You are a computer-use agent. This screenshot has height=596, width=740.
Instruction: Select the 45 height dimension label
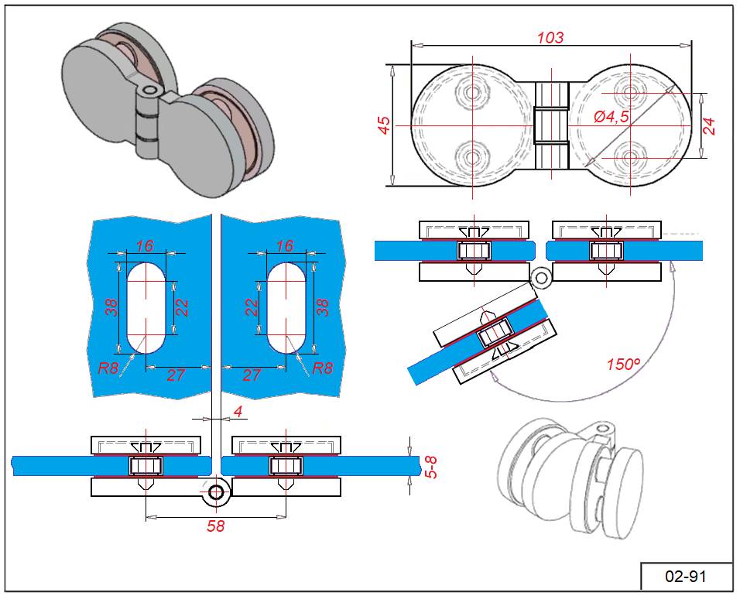click(x=384, y=125)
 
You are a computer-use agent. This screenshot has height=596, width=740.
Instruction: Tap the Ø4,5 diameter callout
click(x=612, y=117)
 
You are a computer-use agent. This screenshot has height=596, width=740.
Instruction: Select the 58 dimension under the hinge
click(x=215, y=527)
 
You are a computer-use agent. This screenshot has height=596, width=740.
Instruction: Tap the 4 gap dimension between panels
click(x=238, y=412)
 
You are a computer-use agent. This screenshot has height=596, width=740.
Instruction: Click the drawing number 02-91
click(x=686, y=577)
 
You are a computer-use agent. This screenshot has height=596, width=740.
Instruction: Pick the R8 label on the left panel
click(x=108, y=368)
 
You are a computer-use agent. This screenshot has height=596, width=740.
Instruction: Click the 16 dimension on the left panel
click(x=145, y=245)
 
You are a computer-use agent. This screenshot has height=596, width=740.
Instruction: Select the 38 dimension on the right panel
click(x=323, y=307)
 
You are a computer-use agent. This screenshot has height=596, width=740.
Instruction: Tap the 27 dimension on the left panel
click(x=176, y=375)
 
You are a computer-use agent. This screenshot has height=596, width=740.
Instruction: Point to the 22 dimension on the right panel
click(x=251, y=307)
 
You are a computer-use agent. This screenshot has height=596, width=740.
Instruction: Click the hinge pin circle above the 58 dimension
click(x=216, y=492)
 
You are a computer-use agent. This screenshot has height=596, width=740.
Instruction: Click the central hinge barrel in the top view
click(x=552, y=125)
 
